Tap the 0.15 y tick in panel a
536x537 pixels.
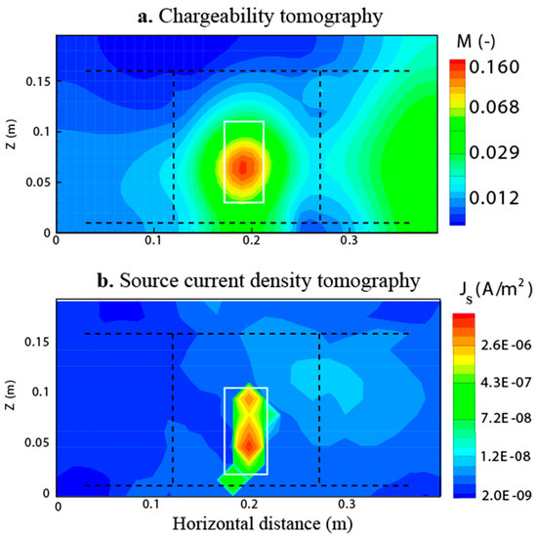click(37, 80)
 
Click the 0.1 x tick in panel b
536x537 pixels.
click(152, 505)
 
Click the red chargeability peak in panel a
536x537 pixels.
click(244, 167)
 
